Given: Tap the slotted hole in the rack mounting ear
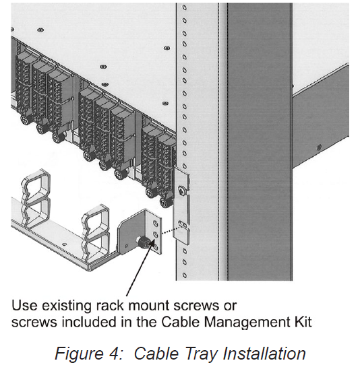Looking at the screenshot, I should pos(183,222).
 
